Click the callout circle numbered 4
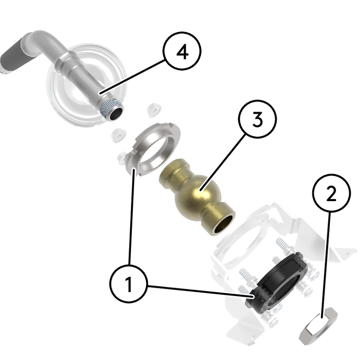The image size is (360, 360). click(x=182, y=51)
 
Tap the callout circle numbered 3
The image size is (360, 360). click(x=257, y=119)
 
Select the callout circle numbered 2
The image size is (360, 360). click(x=331, y=193)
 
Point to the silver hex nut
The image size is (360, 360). click(x=318, y=326)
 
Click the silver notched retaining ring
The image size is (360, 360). click(x=153, y=149)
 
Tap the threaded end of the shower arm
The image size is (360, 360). click(x=112, y=108)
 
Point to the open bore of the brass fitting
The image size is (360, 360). click(x=224, y=224)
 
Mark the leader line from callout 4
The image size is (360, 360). click(x=132, y=76)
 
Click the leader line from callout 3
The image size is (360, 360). click(x=222, y=163)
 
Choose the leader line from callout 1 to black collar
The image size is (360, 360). click(x=200, y=291)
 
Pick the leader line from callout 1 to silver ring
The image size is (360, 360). click(x=131, y=217)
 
